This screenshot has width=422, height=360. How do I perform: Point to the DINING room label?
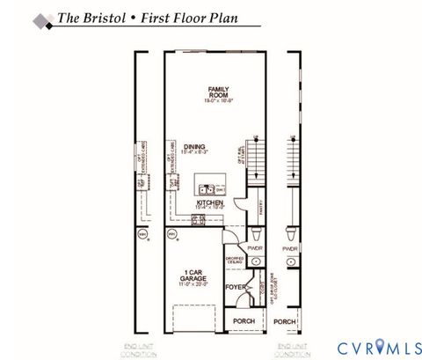tap(196, 147)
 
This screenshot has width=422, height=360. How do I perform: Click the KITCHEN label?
tap(209, 202)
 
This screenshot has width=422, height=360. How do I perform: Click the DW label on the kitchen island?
tap(221, 187)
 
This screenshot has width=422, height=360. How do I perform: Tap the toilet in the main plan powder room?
tap(256, 235)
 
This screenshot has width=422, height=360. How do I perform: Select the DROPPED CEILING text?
tap(236, 261)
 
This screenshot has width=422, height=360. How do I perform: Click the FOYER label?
tap(236, 287)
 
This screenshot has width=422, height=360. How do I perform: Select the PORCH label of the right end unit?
tap(285, 321)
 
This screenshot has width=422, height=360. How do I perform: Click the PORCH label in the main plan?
tap(244, 321)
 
